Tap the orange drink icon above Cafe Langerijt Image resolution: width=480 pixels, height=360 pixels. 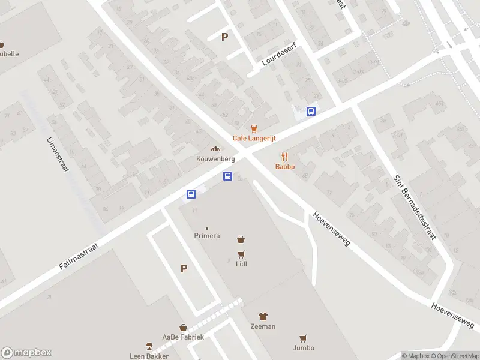(x=254, y=128)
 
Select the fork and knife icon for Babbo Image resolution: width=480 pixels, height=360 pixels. (x=284, y=157)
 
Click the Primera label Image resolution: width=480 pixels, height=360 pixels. (x=206, y=236)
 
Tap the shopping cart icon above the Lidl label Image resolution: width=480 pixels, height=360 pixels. (x=241, y=254)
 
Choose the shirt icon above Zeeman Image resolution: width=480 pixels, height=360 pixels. (x=263, y=316)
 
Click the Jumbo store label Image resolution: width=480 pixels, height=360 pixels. (x=304, y=347)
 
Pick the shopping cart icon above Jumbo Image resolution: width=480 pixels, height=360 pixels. (x=304, y=338)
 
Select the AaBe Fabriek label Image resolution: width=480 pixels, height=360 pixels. (x=183, y=337)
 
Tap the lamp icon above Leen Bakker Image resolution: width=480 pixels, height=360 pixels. (x=149, y=346)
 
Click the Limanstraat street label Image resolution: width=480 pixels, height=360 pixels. (x=58, y=154)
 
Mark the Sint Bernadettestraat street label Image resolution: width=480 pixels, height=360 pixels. (x=415, y=207)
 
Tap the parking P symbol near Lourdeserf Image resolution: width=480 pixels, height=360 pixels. (x=225, y=37)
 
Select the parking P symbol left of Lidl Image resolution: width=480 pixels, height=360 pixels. (x=184, y=269)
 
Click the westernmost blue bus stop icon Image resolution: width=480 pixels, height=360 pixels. (x=191, y=194)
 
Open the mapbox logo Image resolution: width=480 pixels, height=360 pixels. (x=26, y=353)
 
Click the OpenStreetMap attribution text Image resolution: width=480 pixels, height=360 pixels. (x=454, y=356)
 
